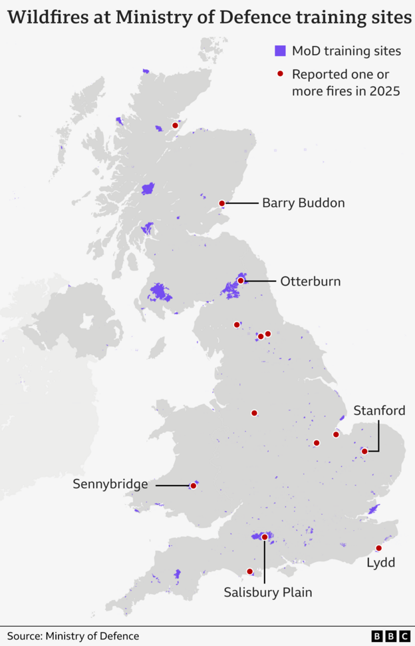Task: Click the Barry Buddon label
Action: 303,203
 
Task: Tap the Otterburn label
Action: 310,281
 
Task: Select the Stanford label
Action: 379,410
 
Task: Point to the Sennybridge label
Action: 110,484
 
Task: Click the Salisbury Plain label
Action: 267,591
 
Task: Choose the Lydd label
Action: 381,563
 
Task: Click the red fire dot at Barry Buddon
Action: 222,203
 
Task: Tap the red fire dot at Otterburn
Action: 240,281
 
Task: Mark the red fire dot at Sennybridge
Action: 194,485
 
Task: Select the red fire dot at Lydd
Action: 378,548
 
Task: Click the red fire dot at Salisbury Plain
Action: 265,537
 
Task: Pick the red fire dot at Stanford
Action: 364,451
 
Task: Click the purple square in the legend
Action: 281,51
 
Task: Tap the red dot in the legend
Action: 281,73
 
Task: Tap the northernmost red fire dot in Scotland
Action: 175,125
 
